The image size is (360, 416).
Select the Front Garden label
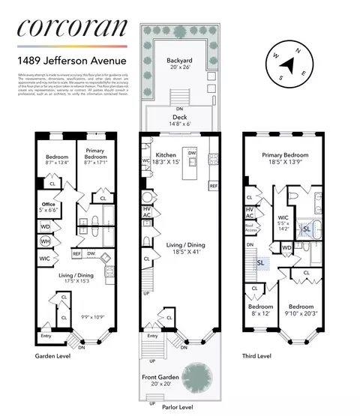coord(160,381)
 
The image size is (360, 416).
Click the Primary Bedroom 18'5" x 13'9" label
coord(286,158)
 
